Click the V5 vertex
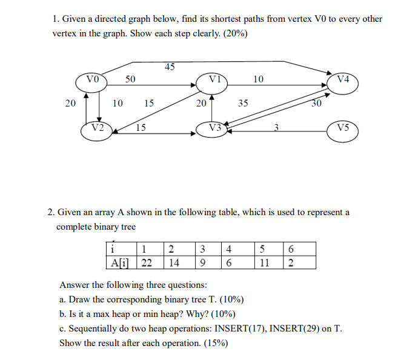point(343,129)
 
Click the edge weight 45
point(170,67)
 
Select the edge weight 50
point(130,79)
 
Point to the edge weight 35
point(243,103)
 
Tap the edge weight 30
point(316,104)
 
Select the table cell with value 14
point(174,262)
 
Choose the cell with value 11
point(262,262)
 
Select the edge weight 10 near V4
point(259,79)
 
